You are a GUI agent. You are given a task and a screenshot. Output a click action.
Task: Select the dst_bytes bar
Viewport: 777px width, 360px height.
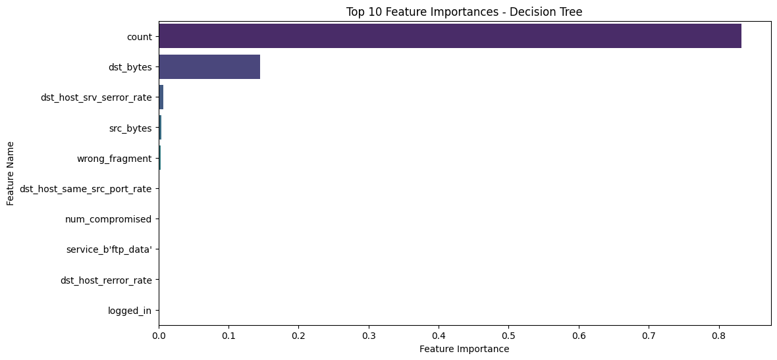[209, 66]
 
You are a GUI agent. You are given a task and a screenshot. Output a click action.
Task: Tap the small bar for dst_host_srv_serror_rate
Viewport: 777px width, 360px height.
[161, 97]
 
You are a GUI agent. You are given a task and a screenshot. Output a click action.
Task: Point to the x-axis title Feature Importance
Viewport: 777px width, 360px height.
[464, 349]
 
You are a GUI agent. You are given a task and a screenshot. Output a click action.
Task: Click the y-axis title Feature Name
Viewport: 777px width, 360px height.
[11, 174]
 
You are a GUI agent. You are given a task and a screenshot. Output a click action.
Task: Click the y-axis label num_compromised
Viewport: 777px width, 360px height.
[109, 219]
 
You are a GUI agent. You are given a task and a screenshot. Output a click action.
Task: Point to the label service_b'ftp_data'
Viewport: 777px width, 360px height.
[109, 250]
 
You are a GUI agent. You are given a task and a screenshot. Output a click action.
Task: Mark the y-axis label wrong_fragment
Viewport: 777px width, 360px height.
[115, 159]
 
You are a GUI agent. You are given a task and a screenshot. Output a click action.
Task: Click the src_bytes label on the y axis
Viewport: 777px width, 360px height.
[130, 128]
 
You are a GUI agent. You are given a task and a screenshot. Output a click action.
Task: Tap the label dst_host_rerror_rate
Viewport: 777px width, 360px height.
[106, 280]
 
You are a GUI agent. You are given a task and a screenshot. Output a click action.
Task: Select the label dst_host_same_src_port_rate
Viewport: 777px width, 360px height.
[86, 189]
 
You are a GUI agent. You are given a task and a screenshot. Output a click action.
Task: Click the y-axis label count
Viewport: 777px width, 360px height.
[140, 36]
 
